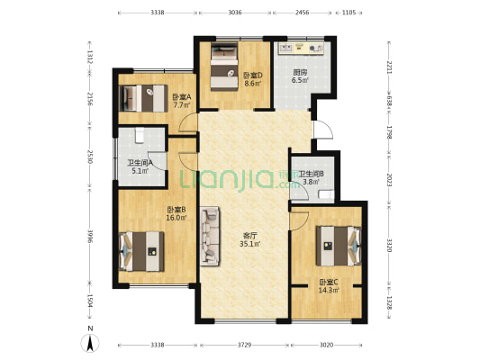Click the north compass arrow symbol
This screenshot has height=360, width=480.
(90, 343)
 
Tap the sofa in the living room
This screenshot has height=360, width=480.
(210, 236)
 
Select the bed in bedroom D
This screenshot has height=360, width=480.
(224, 67)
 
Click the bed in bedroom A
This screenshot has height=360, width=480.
(142, 98)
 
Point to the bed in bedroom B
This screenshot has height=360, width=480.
(141, 251)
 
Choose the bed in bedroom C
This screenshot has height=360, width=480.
(339, 246)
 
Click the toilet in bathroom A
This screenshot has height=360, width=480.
(140, 136)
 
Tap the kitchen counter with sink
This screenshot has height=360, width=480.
(301, 49)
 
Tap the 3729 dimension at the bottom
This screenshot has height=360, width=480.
(244, 345)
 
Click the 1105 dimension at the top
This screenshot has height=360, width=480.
(349, 13)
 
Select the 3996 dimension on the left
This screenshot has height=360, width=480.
(89, 236)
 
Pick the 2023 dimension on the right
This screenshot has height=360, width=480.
(389, 180)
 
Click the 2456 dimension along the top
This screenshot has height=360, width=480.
(303, 13)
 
